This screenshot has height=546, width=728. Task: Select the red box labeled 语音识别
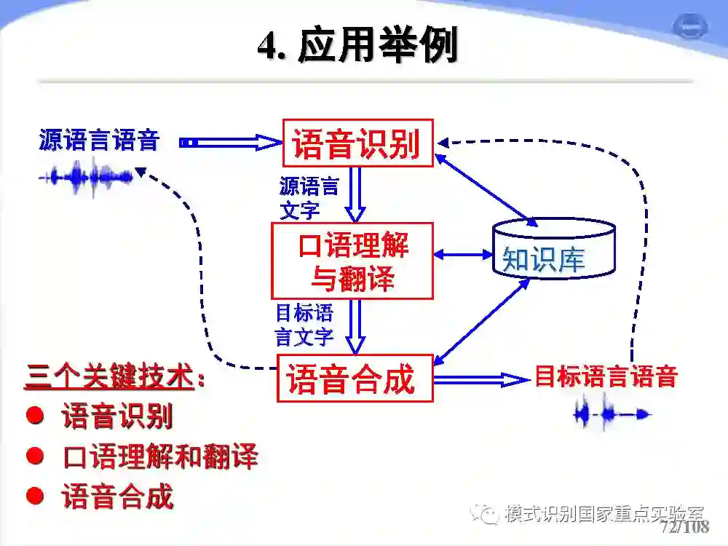pos(357,143)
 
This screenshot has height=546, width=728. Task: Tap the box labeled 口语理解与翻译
pos(353,261)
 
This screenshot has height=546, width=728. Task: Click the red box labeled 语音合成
pos(355,379)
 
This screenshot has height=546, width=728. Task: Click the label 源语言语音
pos(99,140)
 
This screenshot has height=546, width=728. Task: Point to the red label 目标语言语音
pos(606,376)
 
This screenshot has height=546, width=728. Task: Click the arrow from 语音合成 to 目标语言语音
pos(480,379)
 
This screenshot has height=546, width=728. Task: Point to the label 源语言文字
pos(308,197)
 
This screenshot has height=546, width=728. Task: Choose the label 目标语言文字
pos(304,325)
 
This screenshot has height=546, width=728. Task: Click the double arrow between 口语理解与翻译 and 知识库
pos(463,255)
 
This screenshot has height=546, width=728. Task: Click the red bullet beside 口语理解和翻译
pos(34,456)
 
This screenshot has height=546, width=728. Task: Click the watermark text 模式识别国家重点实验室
pos(604,513)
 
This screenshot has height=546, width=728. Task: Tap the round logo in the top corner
pos(687,28)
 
